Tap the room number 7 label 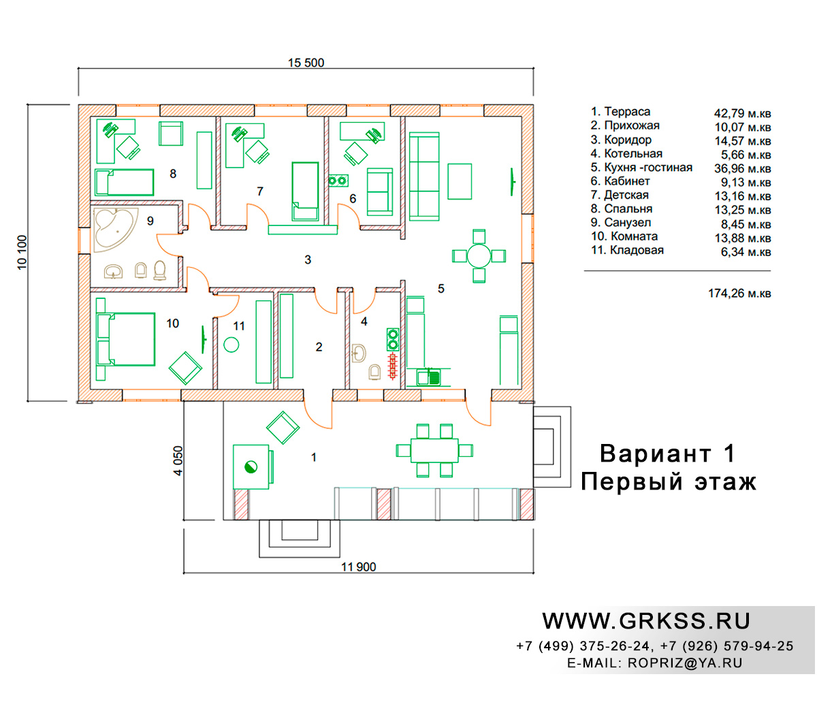pyautogui.click(x=260, y=191)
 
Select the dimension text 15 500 pyautogui.click(x=306, y=63)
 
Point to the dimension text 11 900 pyautogui.click(x=358, y=567)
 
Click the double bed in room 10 pyautogui.click(x=126, y=339)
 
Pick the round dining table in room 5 pyautogui.click(x=479, y=256)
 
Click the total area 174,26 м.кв pyautogui.click(x=739, y=293)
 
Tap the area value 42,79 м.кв pyautogui.click(x=742, y=114)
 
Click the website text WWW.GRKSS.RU pyautogui.click(x=645, y=621)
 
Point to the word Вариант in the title pyautogui.click(x=655, y=454)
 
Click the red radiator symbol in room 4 pyautogui.click(x=392, y=366)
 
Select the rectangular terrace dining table pyautogui.click(x=434, y=451)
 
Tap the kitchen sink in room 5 pyautogui.click(x=428, y=377)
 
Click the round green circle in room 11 pyautogui.click(x=231, y=345)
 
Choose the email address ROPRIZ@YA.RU pyautogui.click(x=685, y=663)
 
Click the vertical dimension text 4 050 pyautogui.click(x=178, y=460)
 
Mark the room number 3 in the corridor pyautogui.click(x=308, y=260)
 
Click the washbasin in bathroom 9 pyautogui.click(x=114, y=272)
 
